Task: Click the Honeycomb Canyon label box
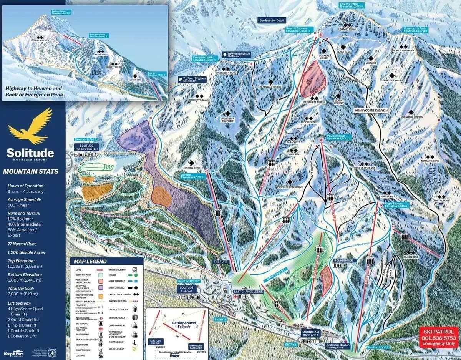371,111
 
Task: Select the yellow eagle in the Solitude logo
30,125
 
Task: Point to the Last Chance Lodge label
248,292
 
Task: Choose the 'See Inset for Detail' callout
272,20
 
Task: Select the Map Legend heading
91,262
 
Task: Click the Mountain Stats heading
31,172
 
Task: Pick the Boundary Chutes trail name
412,117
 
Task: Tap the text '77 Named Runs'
23,244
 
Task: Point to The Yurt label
221,262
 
